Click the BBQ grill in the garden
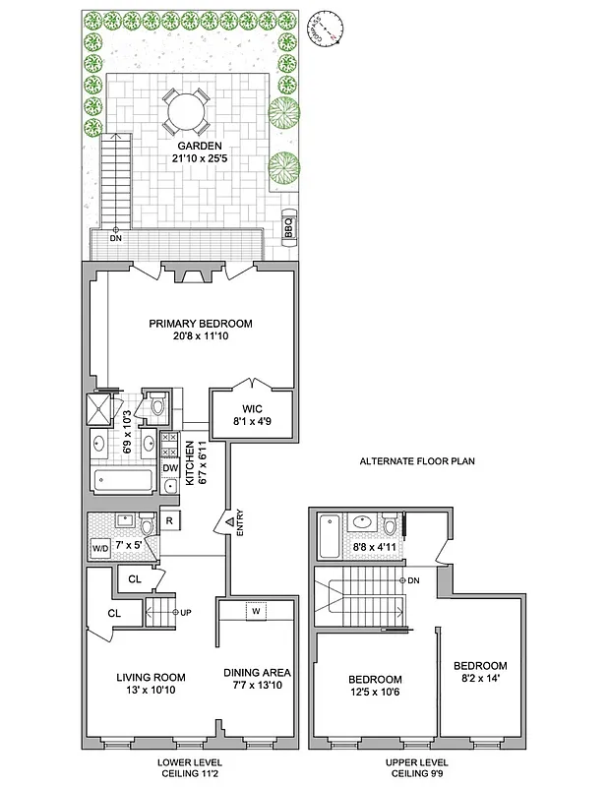pyautogui.click(x=289, y=227)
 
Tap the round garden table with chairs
pyautogui.click(x=185, y=110)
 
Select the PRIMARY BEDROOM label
pyautogui.click(x=201, y=324)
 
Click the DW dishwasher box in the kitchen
pyautogui.click(x=169, y=468)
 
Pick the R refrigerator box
pyautogui.click(x=169, y=520)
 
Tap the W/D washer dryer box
pyautogui.click(x=100, y=548)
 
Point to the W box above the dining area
pyautogui.click(x=256, y=611)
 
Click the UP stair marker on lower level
pyautogui.click(x=181, y=612)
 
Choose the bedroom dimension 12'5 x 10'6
pyautogui.click(x=375, y=695)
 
